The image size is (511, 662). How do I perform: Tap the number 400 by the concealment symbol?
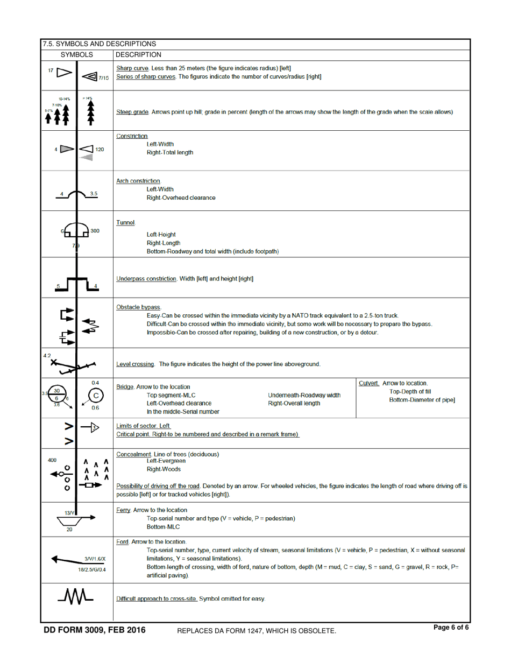point(52,445)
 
